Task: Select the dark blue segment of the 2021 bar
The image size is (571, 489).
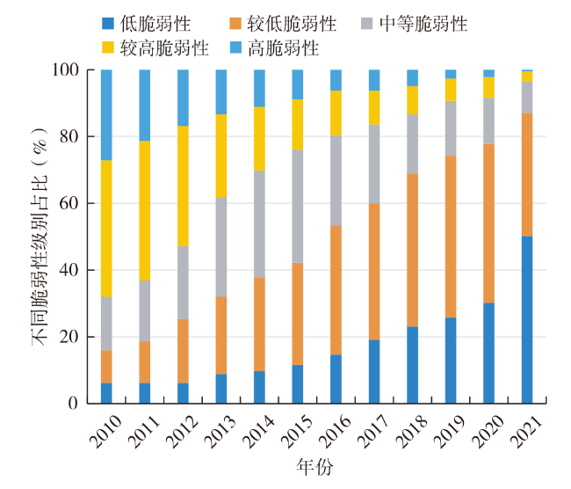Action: click(x=527, y=319)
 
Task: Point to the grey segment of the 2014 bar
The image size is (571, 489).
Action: click(x=259, y=223)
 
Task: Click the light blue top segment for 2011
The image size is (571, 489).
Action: click(x=144, y=105)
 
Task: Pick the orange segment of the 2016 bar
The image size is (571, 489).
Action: click(x=336, y=289)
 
